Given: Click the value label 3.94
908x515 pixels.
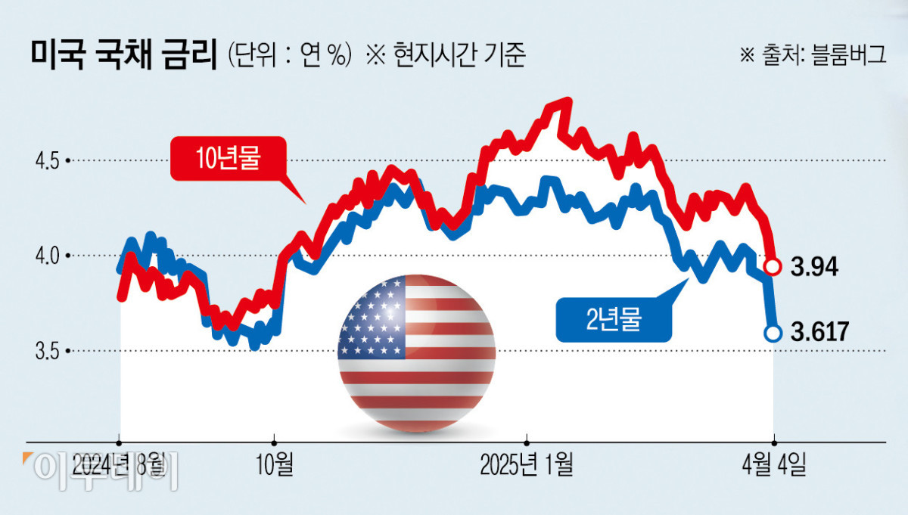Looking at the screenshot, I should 813,267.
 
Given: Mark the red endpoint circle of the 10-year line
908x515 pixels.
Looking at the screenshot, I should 773,266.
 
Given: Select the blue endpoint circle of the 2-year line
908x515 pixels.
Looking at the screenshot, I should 773,333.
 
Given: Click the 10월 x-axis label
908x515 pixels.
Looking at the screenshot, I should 275,464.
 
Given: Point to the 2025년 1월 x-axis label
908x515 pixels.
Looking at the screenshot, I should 527,464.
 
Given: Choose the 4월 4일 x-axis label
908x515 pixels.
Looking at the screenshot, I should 773,464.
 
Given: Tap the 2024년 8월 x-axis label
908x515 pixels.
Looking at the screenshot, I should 120,464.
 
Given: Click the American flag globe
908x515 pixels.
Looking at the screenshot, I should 416,353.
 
